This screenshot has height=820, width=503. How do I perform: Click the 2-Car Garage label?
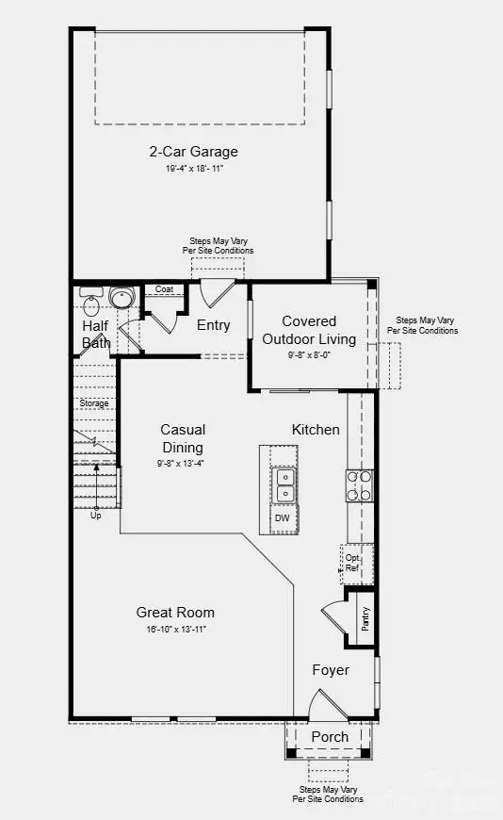point(193,152)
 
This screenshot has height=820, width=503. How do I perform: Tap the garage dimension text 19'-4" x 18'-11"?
point(193,168)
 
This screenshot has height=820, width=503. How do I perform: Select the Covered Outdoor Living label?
point(309,330)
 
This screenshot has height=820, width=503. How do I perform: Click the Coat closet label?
point(164,289)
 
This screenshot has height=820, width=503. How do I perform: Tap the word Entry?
point(213,325)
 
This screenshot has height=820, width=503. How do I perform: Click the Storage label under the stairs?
point(94,403)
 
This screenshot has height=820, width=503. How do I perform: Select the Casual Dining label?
point(182,438)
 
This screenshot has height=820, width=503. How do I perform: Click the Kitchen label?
point(316,430)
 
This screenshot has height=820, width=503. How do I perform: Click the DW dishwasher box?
point(283,518)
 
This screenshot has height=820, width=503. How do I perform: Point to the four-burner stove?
point(359,485)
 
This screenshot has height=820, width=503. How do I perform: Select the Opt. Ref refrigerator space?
point(352,563)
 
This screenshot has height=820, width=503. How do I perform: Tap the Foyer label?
point(331,670)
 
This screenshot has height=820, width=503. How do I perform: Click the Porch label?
point(330,736)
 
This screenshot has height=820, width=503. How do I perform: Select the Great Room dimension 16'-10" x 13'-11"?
point(175,629)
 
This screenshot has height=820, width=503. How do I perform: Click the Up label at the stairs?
point(96,516)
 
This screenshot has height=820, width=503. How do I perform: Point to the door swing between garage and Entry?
point(217,292)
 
